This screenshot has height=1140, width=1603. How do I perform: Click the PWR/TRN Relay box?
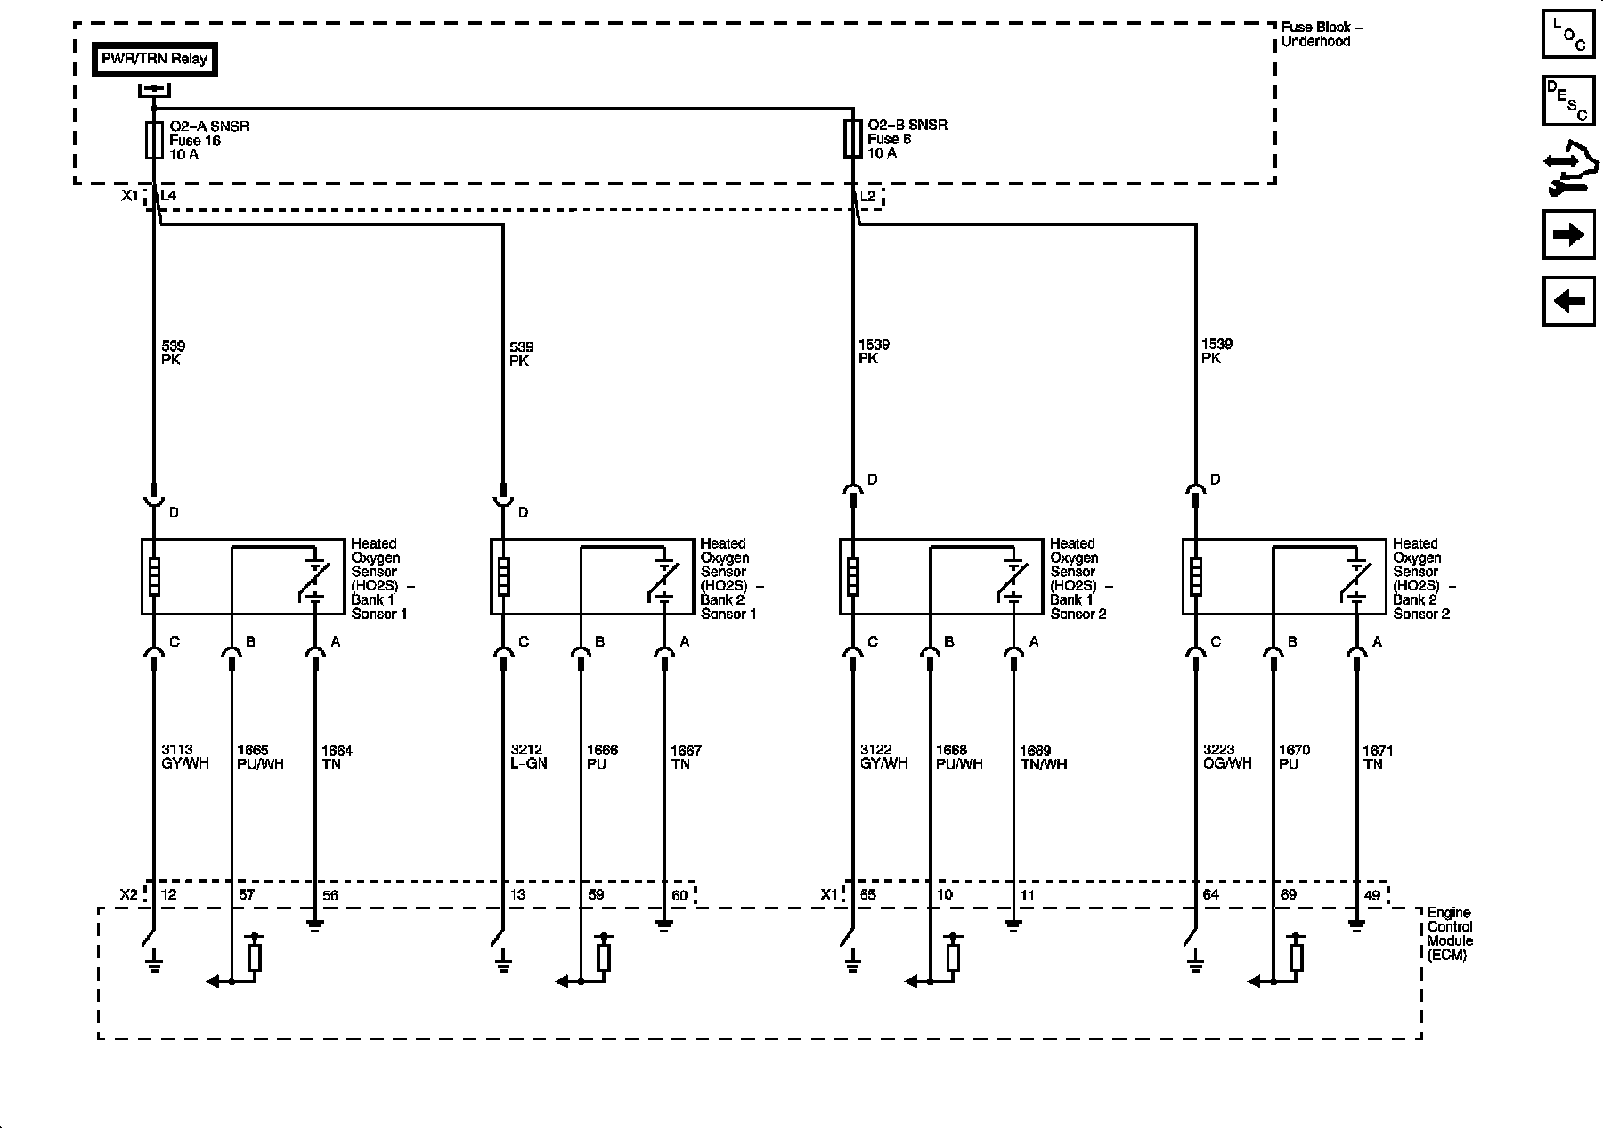[154, 60]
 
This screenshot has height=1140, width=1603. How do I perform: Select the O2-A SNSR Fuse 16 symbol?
[154, 140]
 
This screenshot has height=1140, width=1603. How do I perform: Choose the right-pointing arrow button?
[1568, 235]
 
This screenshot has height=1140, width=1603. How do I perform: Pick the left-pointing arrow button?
[1568, 301]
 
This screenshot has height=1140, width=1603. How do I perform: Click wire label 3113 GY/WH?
[185, 757]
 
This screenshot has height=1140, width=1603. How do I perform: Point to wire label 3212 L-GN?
[529, 757]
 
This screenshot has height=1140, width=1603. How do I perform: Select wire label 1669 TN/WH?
[1043, 758]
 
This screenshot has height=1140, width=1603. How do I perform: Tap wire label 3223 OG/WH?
[1227, 757]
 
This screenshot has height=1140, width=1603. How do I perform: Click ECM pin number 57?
[247, 894]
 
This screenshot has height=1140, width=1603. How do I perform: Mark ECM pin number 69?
[1288, 894]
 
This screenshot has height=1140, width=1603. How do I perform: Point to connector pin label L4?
[168, 195]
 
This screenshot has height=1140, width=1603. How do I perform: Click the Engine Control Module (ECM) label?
[1450, 934]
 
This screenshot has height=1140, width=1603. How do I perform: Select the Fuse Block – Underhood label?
[1322, 34]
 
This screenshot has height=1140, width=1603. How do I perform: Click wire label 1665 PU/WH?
[260, 757]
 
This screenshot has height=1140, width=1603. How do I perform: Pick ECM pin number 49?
[1371, 895]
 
